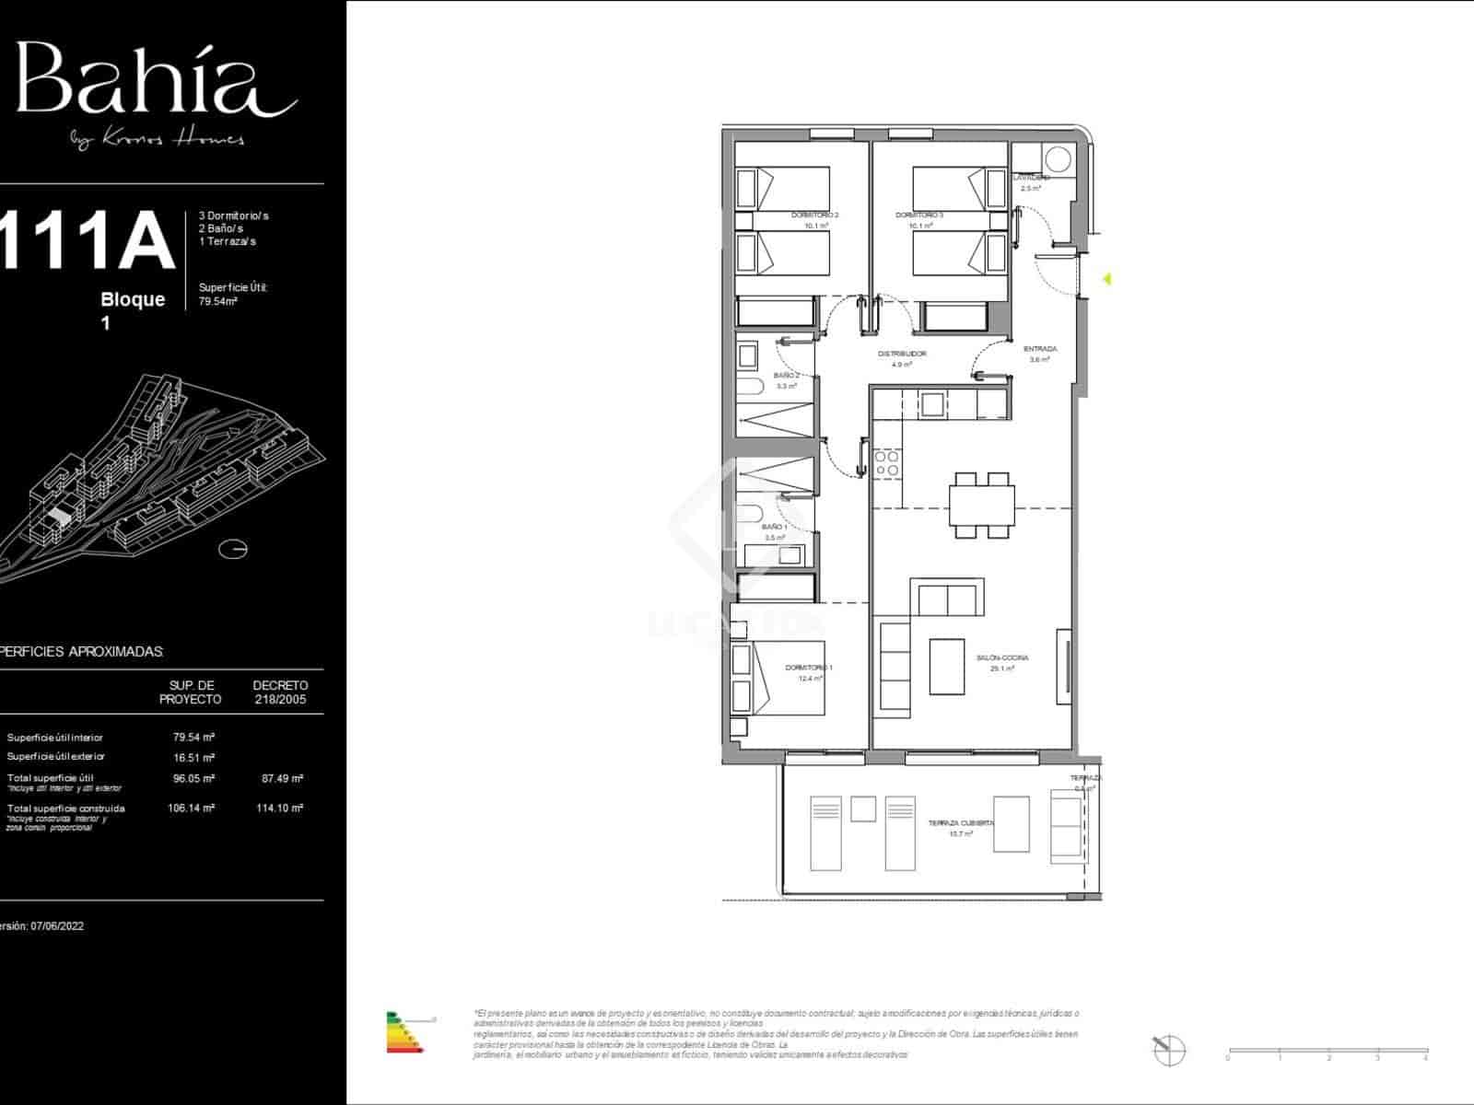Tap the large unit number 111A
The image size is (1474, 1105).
(88, 241)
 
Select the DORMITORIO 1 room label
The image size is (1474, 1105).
(809, 668)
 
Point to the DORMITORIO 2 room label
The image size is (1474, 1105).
(814, 215)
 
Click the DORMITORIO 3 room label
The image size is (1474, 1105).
(919, 215)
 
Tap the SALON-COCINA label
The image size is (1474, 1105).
(1002, 658)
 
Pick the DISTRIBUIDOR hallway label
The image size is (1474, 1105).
(902, 354)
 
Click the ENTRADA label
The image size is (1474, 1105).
(1040, 349)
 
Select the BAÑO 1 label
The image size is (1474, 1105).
(774, 527)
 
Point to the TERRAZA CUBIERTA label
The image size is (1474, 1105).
(960, 822)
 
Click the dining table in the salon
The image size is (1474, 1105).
(982, 506)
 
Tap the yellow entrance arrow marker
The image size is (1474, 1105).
(1107, 278)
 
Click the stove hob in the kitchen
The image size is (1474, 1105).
(887, 463)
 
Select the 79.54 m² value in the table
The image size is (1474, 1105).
(193, 738)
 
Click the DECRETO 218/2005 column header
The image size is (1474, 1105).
(280, 692)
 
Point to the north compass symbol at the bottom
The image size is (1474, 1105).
(1167, 1049)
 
